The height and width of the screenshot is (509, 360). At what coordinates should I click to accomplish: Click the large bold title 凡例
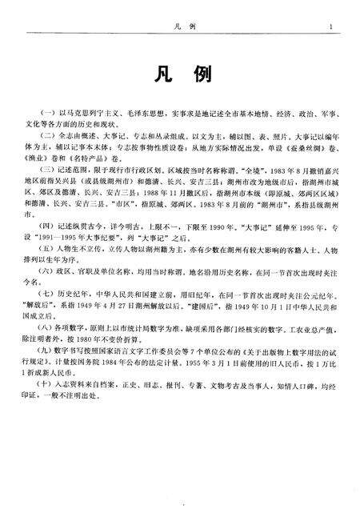coord(180,74)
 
